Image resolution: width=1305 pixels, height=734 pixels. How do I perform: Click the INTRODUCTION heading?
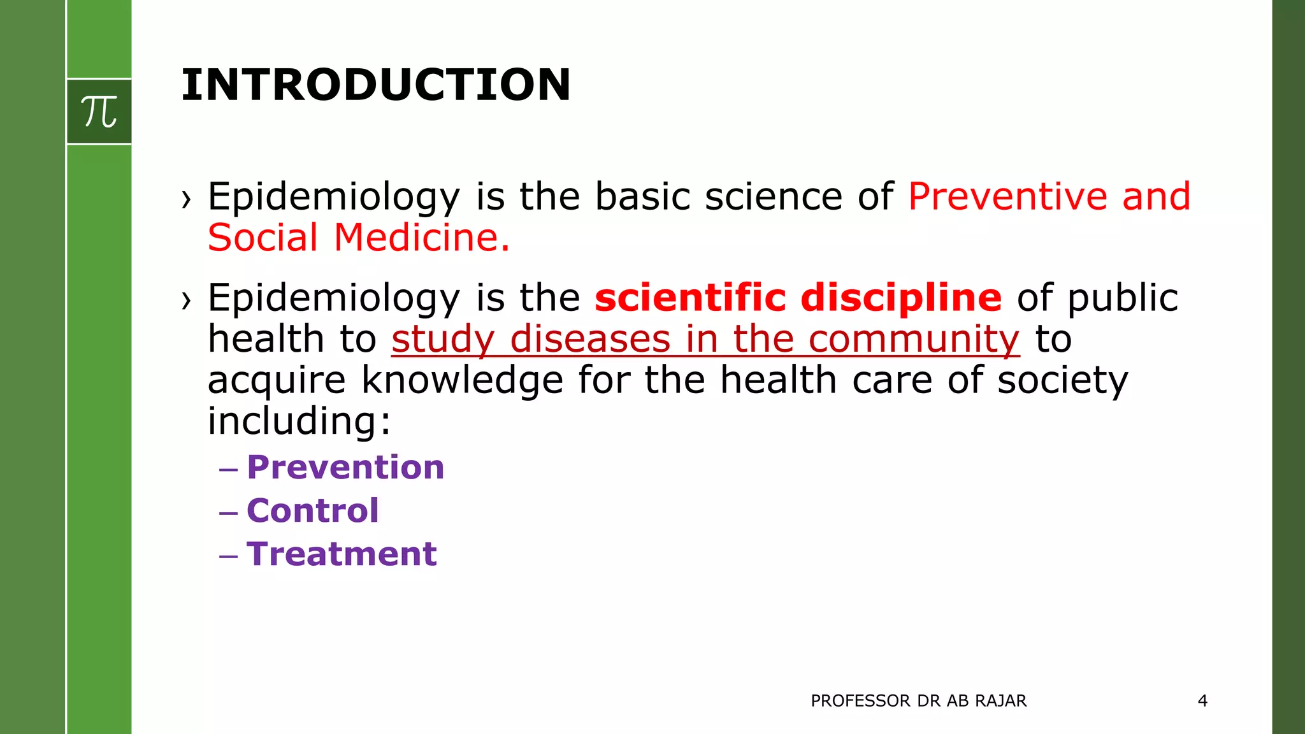[x=376, y=85]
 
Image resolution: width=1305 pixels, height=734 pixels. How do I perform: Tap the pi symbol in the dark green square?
[x=99, y=112]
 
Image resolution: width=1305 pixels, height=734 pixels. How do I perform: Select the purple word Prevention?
[x=345, y=467]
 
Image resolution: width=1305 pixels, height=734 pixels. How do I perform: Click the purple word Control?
[x=313, y=510]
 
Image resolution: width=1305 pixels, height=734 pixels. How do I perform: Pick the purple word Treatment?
[x=342, y=554]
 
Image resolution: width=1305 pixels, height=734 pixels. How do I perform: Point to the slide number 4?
[x=1202, y=701]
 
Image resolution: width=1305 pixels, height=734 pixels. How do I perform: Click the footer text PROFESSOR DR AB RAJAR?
[x=918, y=701]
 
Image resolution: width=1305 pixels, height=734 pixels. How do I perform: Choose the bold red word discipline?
[x=901, y=298]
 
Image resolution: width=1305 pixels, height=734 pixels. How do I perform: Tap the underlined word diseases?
[x=590, y=338]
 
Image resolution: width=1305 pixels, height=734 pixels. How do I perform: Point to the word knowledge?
[x=463, y=380]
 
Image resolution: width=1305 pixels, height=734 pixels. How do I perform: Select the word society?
[x=1062, y=380]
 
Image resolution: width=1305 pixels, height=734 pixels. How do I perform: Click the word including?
[x=299, y=421]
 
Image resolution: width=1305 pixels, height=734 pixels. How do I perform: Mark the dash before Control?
[x=228, y=512]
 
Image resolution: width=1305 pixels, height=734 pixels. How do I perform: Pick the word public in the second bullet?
[x=1122, y=298]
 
